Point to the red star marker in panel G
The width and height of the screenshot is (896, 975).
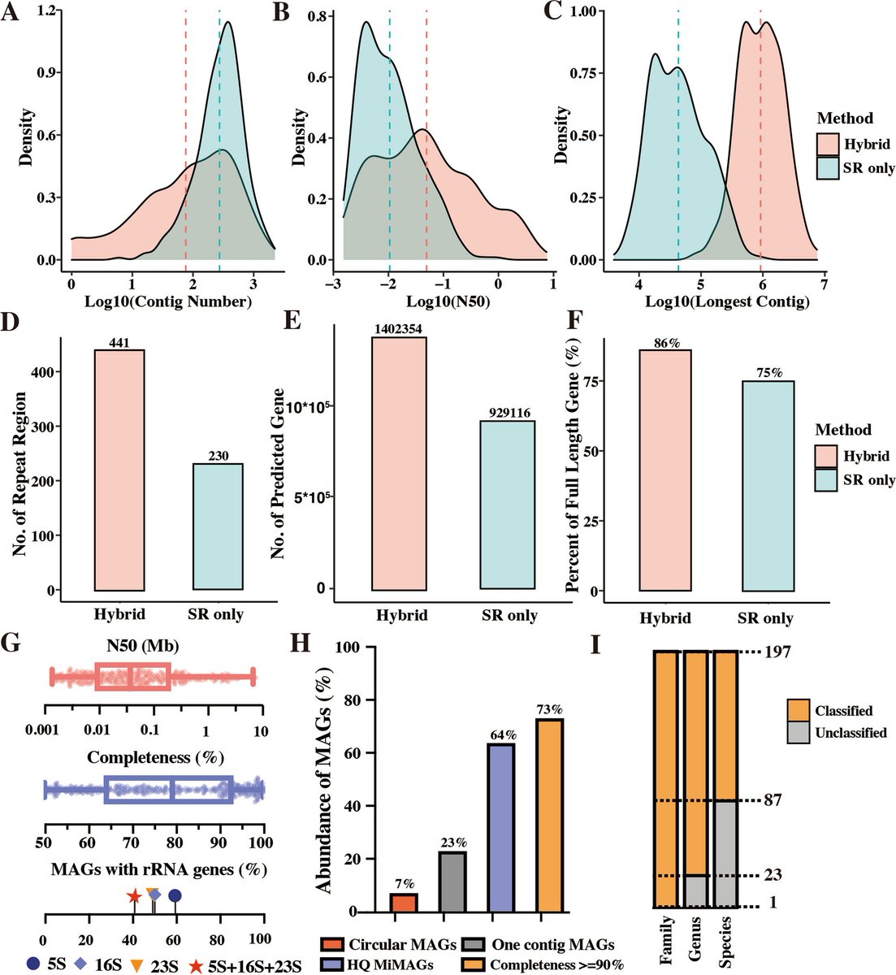[134, 895]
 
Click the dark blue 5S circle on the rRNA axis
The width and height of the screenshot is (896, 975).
[174, 895]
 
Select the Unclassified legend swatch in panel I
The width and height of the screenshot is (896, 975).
[799, 733]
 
